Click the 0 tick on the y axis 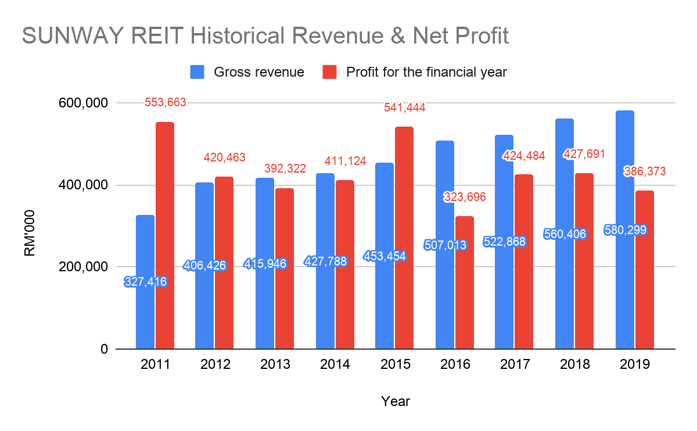pyautogui.click(x=103, y=349)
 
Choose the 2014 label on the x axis pyautogui.click(x=335, y=365)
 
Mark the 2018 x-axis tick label pyautogui.click(x=574, y=365)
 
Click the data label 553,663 pyautogui.click(x=166, y=103)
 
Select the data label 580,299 pyautogui.click(x=626, y=230)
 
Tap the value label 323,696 pyautogui.click(x=465, y=197)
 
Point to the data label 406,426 pyautogui.click(x=204, y=265)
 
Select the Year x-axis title pyautogui.click(x=396, y=401)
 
